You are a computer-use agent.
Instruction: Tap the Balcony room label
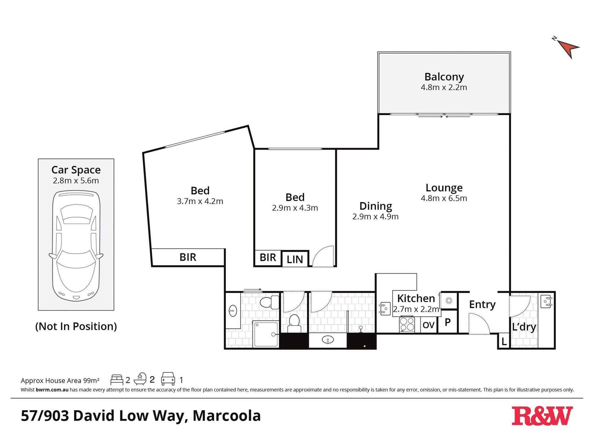click(444, 77)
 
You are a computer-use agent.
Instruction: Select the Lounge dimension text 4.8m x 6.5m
click(444, 198)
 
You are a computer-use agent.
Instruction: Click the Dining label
click(375, 206)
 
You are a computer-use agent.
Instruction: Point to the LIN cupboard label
click(295, 259)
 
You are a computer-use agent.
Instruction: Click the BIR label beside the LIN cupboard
click(268, 257)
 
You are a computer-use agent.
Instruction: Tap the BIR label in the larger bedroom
click(188, 257)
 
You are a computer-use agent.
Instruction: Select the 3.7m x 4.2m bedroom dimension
click(200, 201)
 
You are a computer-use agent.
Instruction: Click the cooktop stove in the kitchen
click(407, 324)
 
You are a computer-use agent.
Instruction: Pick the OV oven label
click(428, 325)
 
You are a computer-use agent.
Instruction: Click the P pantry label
click(448, 322)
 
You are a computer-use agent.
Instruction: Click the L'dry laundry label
click(524, 327)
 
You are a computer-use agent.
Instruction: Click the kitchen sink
click(385, 308)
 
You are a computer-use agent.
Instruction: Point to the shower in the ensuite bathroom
click(266, 334)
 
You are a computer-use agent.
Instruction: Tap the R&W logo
click(542, 416)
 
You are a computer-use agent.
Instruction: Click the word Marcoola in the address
click(227, 416)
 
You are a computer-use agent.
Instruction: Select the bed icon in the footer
click(117, 380)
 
